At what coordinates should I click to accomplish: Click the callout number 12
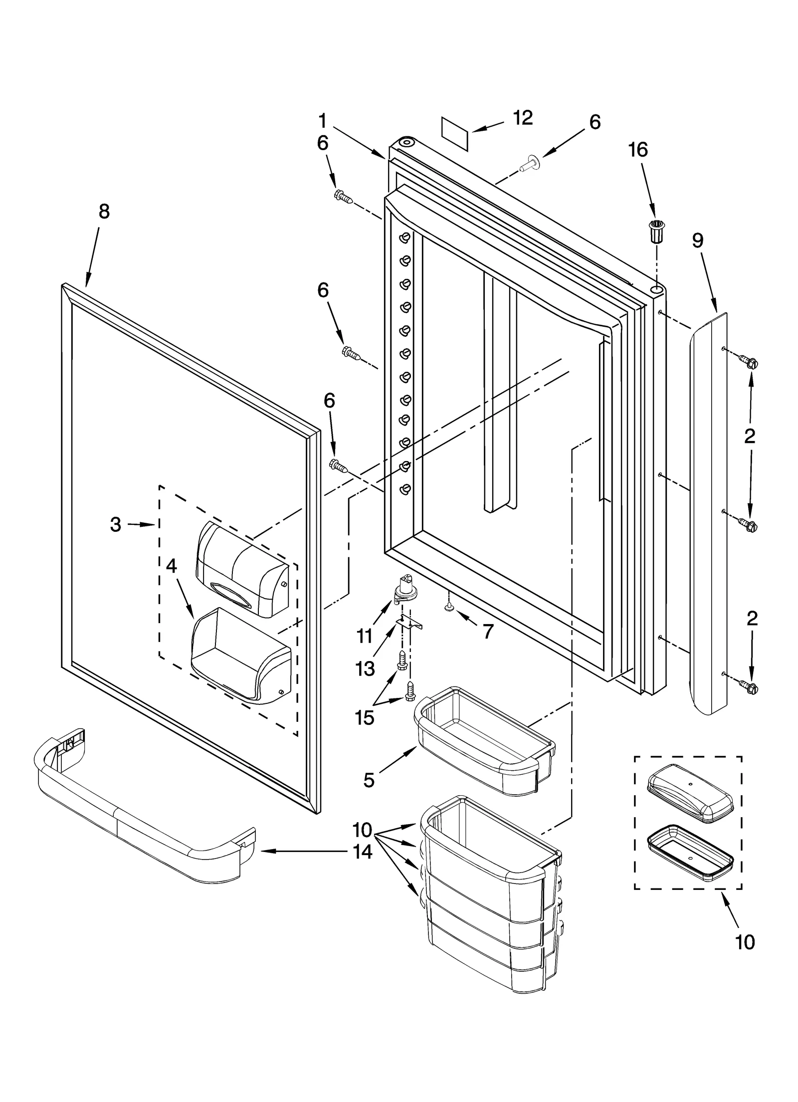click(523, 118)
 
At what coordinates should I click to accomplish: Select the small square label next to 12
click(455, 133)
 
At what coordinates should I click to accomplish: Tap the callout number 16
click(638, 150)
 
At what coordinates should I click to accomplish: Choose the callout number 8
click(104, 212)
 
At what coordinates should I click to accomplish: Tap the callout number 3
click(115, 524)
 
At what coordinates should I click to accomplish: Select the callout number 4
click(171, 567)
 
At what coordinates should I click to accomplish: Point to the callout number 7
click(488, 632)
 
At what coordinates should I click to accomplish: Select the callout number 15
click(365, 718)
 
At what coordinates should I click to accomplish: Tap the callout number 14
click(363, 852)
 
